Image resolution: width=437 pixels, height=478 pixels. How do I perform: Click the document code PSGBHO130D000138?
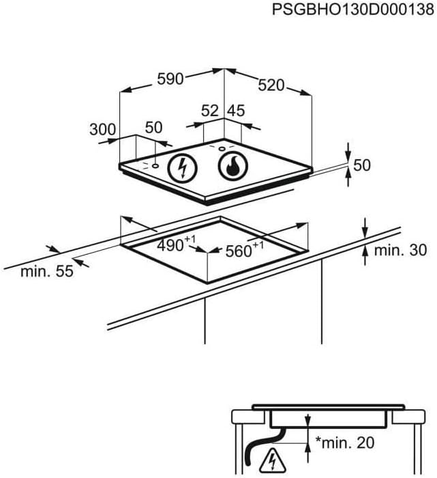[x=353, y=10]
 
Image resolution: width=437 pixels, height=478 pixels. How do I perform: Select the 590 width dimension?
[x=170, y=79]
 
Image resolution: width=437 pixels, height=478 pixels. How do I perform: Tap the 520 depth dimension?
[x=271, y=85]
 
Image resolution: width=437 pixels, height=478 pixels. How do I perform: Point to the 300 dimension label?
[x=102, y=130]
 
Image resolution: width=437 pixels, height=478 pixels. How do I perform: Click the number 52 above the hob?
[x=210, y=111]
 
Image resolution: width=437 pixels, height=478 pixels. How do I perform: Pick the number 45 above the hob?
[x=236, y=111]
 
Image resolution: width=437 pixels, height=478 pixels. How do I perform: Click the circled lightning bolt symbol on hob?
[x=183, y=168]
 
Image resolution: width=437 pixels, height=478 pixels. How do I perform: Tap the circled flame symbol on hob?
[x=232, y=166]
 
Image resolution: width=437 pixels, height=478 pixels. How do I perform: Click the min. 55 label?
[x=47, y=271]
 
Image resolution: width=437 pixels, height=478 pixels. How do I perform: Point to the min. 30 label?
[x=400, y=251]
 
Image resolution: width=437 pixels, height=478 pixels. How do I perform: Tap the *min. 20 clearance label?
[x=345, y=442]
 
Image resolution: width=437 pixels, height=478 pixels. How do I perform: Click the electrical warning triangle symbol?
[x=273, y=460]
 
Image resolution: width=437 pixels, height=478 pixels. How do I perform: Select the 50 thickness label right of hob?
[x=362, y=165]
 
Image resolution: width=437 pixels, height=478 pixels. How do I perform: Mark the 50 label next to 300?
[x=153, y=128]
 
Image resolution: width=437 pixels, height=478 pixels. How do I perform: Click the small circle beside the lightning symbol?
[x=155, y=166]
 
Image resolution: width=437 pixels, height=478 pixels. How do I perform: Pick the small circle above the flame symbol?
[x=222, y=149]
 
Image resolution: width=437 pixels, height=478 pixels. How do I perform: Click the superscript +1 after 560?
[x=258, y=244]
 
